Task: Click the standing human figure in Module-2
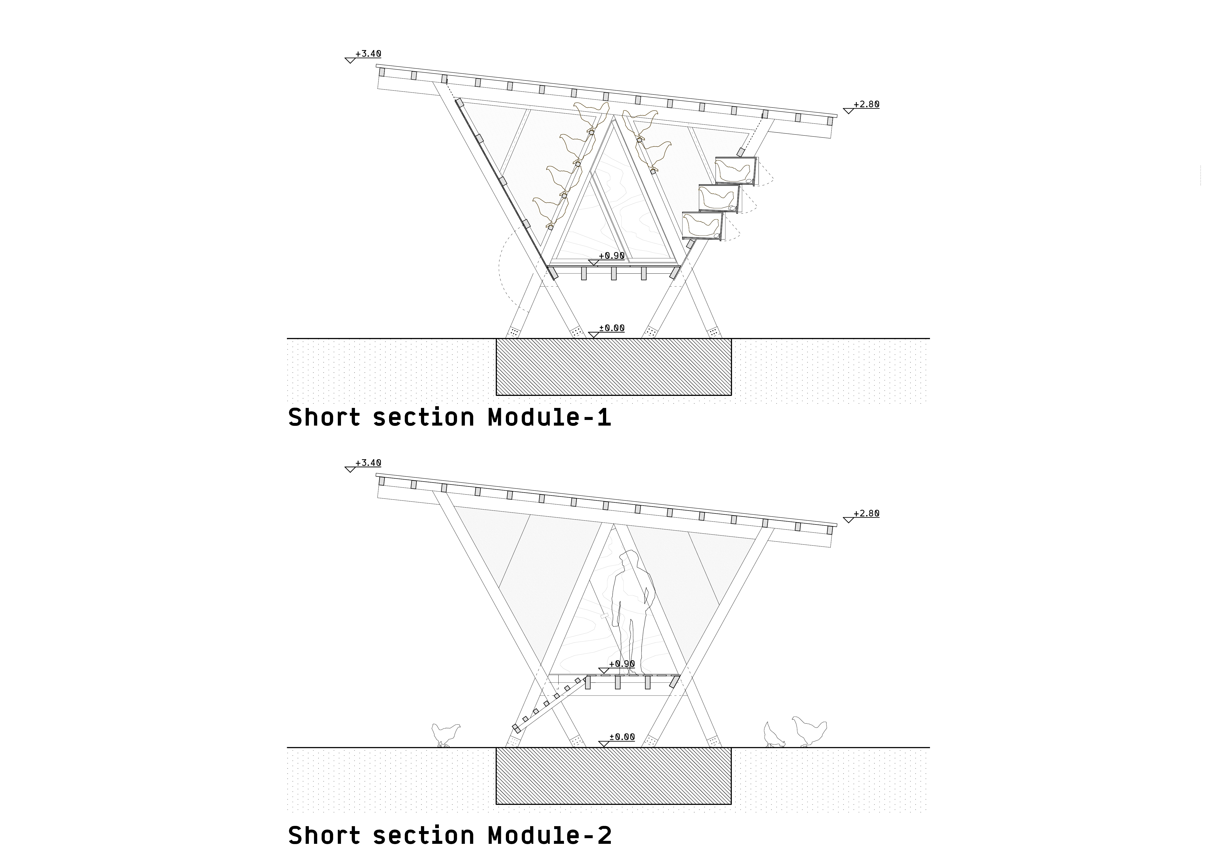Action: click(632, 610)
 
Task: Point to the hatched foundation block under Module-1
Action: click(613, 367)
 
